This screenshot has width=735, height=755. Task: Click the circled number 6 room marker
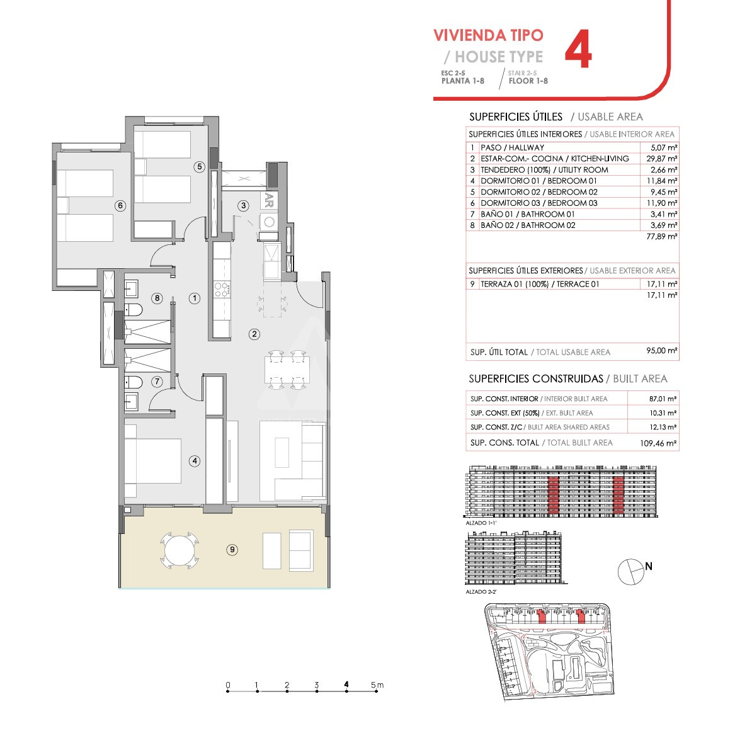[120, 206]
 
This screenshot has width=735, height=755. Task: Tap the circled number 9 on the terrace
[232, 549]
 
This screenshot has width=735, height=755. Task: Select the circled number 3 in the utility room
[243, 206]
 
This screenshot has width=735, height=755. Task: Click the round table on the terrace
[179, 550]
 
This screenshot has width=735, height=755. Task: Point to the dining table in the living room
[287, 370]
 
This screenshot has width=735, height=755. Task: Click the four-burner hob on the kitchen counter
[222, 290]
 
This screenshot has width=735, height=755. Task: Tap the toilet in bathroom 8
[134, 310]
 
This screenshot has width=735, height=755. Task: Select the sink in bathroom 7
[131, 401]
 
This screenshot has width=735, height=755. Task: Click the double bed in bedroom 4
[153, 461]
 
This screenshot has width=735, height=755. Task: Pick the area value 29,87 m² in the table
[662, 159]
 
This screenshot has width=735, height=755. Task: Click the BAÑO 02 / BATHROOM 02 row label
[528, 225]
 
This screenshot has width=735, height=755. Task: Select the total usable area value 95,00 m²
[662, 351]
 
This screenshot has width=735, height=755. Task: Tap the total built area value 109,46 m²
[658, 443]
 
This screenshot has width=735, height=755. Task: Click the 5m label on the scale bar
[377, 684]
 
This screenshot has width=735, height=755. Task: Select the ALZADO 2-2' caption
[481, 592]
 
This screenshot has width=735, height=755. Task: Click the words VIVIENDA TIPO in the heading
[488, 35]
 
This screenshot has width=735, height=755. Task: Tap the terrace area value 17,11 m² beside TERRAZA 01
[662, 284]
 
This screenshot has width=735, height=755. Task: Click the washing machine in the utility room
[269, 222]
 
